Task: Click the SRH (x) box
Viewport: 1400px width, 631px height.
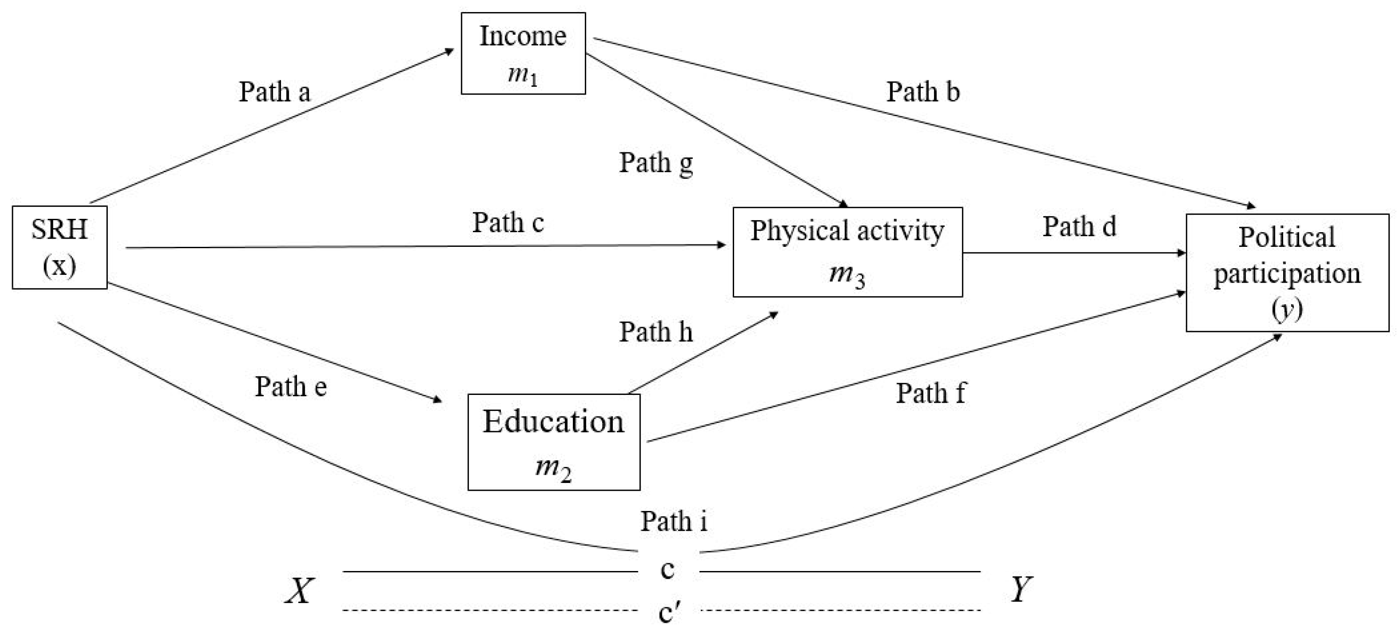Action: pyautogui.click(x=59, y=247)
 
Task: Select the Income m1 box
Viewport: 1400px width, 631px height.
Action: pyautogui.click(x=523, y=54)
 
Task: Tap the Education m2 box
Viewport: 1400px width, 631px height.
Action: pyautogui.click(x=553, y=442)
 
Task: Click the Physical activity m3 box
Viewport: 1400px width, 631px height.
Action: pyautogui.click(x=847, y=252)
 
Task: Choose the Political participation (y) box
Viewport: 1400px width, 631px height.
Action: pyautogui.click(x=1287, y=272)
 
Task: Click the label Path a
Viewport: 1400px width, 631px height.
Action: pyautogui.click(x=275, y=91)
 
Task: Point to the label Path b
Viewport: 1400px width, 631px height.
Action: pyautogui.click(x=923, y=91)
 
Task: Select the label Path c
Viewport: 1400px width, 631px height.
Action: pyautogui.click(x=508, y=222)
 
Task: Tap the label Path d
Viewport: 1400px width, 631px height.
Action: pyautogui.click(x=1079, y=226)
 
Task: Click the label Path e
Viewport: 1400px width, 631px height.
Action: pyautogui.click(x=291, y=387)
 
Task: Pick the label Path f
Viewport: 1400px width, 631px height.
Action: pyautogui.click(x=931, y=393)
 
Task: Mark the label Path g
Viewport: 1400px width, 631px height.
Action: pyautogui.click(x=656, y=163)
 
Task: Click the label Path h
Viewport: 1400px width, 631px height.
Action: pyautogui.click(x=656, y=332)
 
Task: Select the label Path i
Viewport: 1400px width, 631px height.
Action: pyautogui.click(x=673, y=521)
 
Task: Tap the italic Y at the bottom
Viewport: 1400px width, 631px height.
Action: pyautogui.click(x=1021, y=589)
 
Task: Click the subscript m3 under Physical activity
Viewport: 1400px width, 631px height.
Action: pyautogui.click(x=847, y=274)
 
